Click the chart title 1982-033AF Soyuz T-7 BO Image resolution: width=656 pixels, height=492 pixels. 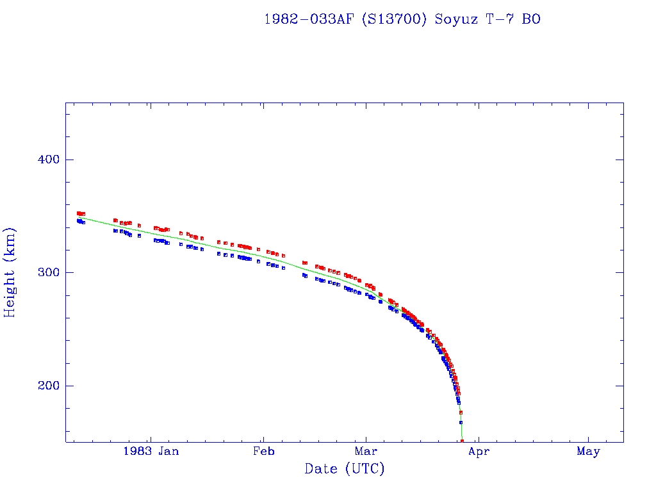402,19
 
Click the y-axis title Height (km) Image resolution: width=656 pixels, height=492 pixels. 10,272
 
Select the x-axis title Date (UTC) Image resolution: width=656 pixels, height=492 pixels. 345,469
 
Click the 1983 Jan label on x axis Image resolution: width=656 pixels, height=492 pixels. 151,452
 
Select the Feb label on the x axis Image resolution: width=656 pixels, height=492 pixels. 263,452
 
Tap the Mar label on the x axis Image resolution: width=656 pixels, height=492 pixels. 366,452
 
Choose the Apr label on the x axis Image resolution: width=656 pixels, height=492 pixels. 479,452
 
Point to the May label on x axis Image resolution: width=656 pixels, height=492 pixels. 588,452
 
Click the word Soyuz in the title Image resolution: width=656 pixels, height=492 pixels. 457,19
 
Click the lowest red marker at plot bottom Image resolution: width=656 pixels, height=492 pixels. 462,441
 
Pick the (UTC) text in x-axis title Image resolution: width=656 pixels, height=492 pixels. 364,469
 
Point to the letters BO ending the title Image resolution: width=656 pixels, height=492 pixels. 531,19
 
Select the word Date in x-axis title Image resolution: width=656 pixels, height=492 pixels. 321,469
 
